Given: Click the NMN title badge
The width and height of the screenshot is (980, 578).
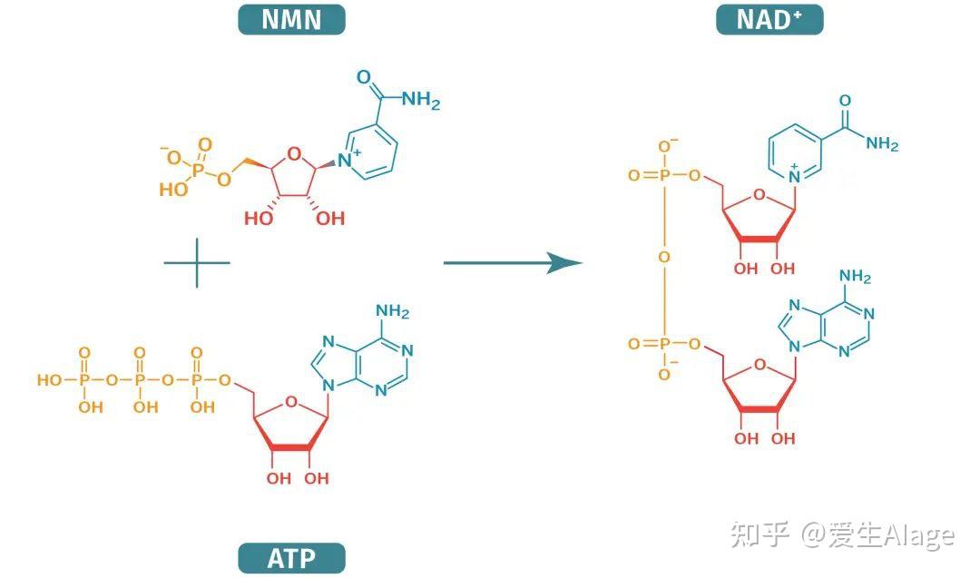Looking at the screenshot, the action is [x=291, y=19].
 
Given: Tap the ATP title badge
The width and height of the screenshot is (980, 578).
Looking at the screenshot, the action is [x=291, y=558].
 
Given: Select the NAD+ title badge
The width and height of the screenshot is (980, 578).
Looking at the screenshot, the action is [x=769, y=19].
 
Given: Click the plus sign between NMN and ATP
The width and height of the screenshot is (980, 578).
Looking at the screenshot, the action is [x=197, y=262].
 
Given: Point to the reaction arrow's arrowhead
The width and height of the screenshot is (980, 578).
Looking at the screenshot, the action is [x=564, y=262].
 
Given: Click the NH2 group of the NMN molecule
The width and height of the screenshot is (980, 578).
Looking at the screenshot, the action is [x=421, y=100].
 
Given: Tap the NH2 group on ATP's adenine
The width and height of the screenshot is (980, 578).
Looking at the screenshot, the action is [x=393, y=311].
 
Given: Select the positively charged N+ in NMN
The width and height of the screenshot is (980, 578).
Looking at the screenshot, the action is [x=348, y=159].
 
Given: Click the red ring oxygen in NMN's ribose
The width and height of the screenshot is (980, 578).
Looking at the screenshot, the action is [x=294, y=153].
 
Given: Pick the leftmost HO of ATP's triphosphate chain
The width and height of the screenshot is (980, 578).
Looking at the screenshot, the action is [x=49, y=380].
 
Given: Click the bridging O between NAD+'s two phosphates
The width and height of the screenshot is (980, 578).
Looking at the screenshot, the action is [x=663, y=257].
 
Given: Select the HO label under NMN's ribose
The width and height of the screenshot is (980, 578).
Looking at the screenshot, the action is [x=258, y=218].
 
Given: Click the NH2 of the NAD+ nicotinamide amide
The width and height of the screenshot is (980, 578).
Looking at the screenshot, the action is [x=882, y=144].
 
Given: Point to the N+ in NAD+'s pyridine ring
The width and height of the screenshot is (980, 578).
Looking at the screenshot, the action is [x=794, y=175].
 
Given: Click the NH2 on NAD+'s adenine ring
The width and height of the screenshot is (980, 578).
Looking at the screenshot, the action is [x=855, y=276].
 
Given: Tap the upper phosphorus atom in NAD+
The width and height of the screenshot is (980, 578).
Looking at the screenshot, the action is [x=663, y=176].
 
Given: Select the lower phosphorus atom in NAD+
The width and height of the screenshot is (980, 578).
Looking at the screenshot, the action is [x=663, y=344].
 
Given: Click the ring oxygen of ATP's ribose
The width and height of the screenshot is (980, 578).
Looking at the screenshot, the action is [x=290, y=402].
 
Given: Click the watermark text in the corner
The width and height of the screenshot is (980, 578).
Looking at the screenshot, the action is [x=842, y=535].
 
